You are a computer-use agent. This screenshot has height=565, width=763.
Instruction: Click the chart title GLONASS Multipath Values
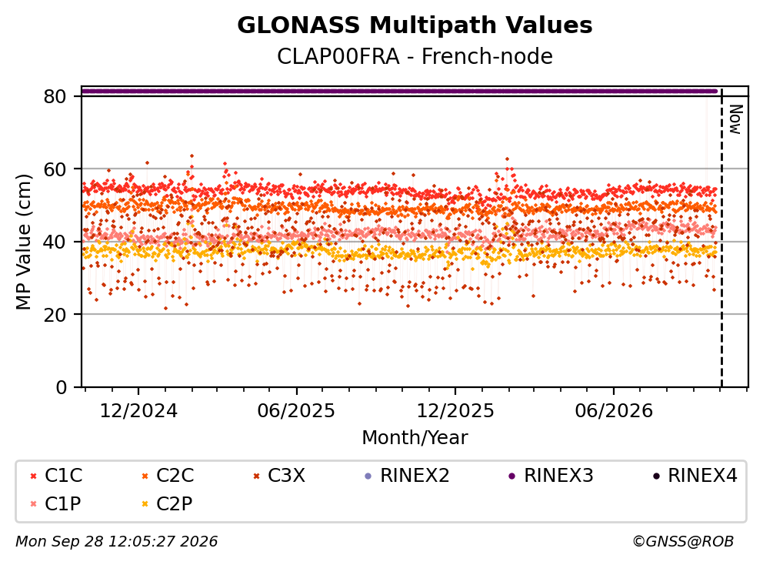pos(415,25)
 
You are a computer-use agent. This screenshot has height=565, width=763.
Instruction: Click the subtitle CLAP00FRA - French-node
pos(415,56)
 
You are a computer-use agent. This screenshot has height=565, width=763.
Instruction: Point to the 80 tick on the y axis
pos(55,96)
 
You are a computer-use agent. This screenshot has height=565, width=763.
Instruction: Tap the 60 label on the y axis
pos(55,169)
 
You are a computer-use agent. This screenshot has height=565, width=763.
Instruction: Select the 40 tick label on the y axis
pos(55,242)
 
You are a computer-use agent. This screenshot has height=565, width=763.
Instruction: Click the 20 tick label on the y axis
pos(55,315)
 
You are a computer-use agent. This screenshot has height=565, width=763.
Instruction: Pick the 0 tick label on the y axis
pos(62,387)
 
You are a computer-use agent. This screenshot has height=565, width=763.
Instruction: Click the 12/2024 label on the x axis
pos(138,411)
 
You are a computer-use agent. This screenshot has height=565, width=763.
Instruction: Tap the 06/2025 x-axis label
pos(296,411)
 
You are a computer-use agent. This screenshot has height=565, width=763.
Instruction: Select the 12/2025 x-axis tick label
pos(455,411)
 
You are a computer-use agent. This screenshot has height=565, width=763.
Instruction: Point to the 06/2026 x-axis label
pos(614,411)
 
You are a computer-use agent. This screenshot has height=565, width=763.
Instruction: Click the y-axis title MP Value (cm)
pos(23,242)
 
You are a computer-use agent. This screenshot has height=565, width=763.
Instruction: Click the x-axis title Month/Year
pos(415,437)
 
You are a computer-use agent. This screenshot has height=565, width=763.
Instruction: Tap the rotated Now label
pos(735,119)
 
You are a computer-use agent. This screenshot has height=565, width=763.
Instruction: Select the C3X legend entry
pos(279,476)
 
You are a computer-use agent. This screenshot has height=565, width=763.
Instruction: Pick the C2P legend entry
pos(168,503)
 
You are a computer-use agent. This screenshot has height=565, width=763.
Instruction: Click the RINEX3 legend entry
pos(551,476)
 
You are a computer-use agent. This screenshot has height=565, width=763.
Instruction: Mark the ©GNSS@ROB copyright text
pos(683,541)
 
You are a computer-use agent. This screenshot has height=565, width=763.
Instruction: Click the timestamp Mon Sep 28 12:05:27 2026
pos(117,541)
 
